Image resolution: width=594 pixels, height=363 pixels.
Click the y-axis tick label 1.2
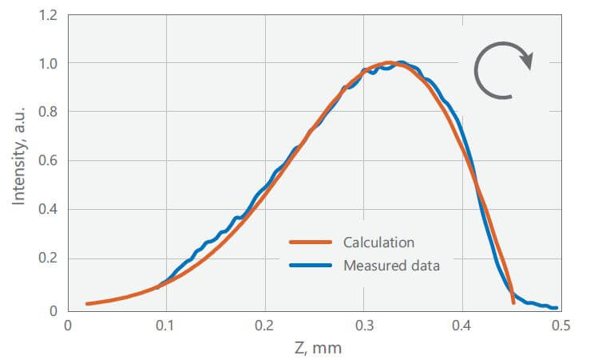click(x=47, y=14)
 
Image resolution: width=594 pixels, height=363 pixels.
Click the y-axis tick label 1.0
click(x=47, y=63)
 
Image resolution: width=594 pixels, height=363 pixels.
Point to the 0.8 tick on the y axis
click(x=47, y=112)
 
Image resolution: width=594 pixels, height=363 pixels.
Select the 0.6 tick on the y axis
click(x=47, y=161)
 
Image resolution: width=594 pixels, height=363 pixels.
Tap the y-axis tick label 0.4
click(x=47, y=211)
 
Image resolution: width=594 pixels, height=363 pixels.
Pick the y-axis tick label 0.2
click(x=47, y=260)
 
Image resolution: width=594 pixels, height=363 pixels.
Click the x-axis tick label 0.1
click(x=166, y=326)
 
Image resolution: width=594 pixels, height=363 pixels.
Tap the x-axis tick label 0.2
click(x=265, y=326)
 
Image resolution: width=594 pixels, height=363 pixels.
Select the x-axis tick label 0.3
click(x=363, y=326)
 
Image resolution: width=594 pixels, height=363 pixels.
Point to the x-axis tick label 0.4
click(x=462, y=326)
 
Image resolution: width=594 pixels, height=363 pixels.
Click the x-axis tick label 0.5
click(x=560, y=326)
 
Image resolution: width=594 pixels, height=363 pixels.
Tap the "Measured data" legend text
click(x=391, y=266)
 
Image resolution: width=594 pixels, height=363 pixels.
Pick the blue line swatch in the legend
click(x=310, y=266)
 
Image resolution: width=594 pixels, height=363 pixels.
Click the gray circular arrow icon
click(x=503, y=70)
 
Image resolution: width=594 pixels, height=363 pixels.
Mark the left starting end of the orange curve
click(x=86, y=304)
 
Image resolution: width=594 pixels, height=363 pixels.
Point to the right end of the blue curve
click(x=556, y=307)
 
